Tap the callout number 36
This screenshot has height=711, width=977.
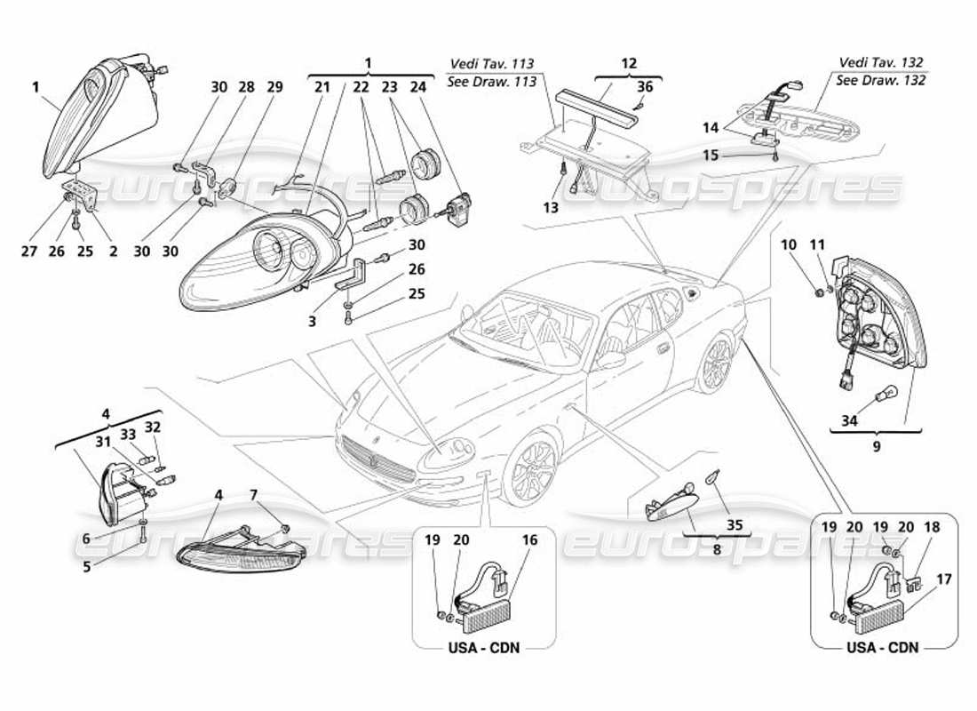(646, 87)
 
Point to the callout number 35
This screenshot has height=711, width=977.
(733, 524)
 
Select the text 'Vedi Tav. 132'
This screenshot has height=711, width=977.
(881, 63)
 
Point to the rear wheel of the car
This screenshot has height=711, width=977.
(716, 364)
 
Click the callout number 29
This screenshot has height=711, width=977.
(274, 87)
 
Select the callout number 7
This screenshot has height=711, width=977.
(254, 493)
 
